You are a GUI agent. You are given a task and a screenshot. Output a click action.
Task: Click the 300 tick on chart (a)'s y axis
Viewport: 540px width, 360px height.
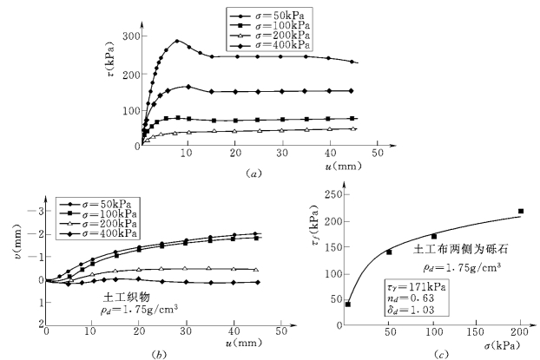click(x=126, y=36)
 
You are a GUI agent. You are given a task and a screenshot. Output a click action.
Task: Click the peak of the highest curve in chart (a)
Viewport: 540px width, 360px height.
click(x=177, y=41)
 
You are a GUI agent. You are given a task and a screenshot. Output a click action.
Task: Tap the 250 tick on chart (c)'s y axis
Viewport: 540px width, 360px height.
click(x=333, y=194)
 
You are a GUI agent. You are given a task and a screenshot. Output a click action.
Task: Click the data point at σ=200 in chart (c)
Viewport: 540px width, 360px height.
click(x=520, y=211)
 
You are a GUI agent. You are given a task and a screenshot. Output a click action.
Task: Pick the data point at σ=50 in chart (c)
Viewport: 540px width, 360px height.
click(x=389, y=252)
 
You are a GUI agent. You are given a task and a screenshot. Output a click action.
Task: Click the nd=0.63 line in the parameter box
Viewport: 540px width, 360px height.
click(x=414, y=297)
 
